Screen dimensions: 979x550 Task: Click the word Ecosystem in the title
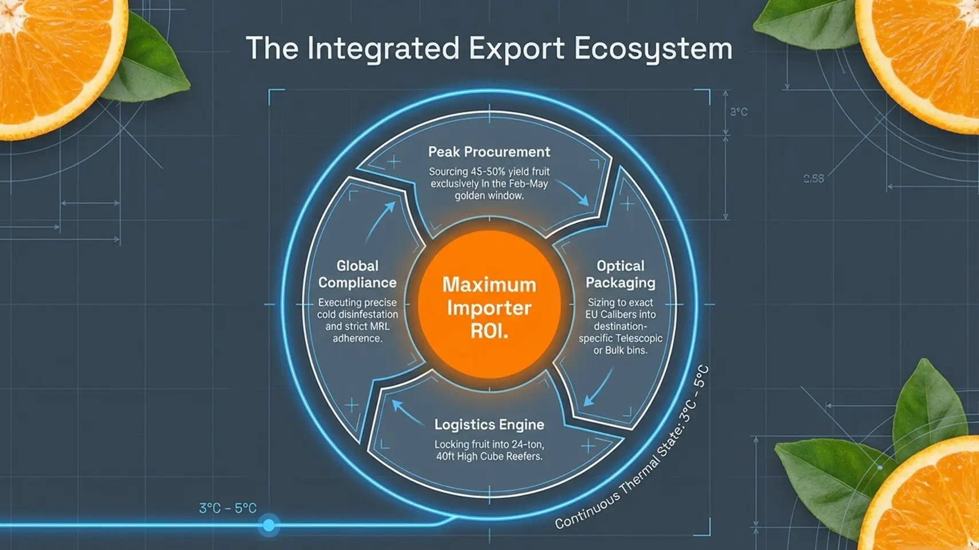(653, 49)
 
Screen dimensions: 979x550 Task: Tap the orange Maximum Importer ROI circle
(489, 304)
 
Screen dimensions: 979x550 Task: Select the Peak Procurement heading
(489, 152)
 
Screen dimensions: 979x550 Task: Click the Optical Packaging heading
(620, 274)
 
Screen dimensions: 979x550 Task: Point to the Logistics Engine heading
(489, 425)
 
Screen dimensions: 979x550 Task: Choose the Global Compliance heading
(357, 274)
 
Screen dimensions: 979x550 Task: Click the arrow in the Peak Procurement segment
(572, 191)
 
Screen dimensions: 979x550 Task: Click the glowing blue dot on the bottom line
(269, 525)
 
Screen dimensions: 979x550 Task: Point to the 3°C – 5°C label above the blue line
(228, 508)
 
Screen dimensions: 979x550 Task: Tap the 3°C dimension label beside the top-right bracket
(739, 112)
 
